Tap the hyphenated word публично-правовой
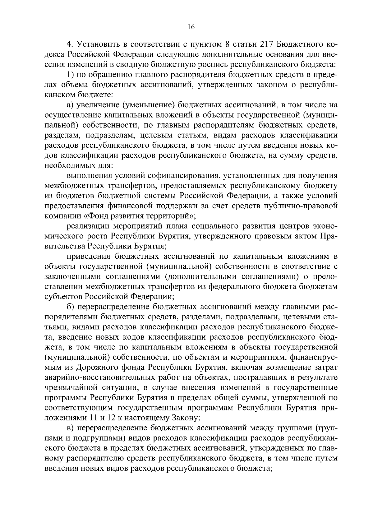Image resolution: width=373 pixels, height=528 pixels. (x=305, y=206)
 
